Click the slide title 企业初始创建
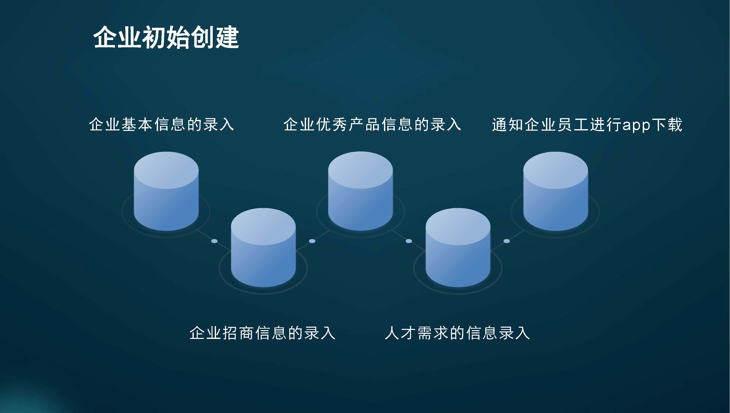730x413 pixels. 166,38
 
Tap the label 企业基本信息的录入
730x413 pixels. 161,124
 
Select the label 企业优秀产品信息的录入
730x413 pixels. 372,124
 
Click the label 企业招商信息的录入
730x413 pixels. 262,333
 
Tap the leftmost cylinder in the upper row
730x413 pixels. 166,191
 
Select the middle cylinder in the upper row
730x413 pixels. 360,191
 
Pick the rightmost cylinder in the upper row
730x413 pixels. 555,191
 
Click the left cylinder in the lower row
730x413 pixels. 263,248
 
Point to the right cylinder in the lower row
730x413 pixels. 458,248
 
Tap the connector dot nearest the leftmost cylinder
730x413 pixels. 214,241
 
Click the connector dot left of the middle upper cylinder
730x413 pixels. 312,241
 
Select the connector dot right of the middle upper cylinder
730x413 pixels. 409,241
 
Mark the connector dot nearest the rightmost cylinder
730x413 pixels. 507,241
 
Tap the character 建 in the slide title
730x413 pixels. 227,38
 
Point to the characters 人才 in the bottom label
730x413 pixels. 400,333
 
